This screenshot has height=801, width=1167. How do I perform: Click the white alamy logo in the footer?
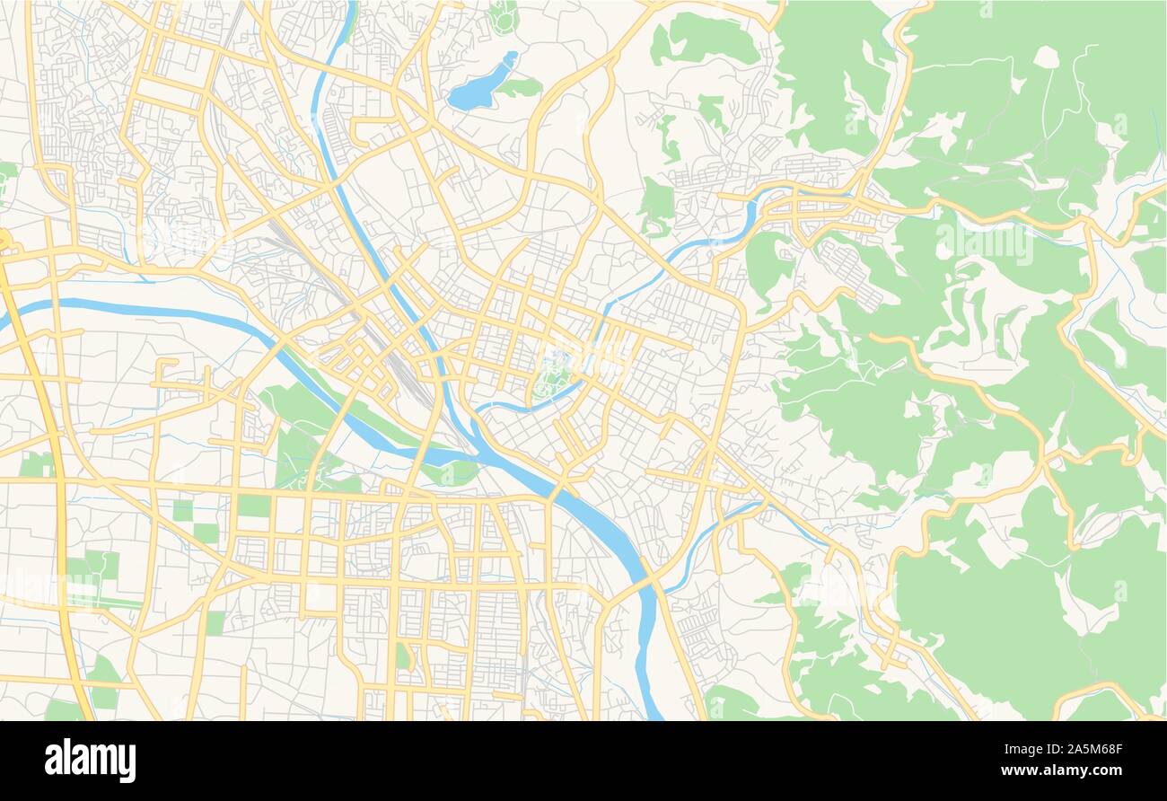pos(90,760)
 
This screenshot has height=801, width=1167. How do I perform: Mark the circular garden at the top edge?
pos(504,15)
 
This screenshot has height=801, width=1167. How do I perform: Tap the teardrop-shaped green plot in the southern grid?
pos(403,656)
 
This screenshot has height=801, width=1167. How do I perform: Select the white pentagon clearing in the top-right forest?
pos(1046,57)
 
